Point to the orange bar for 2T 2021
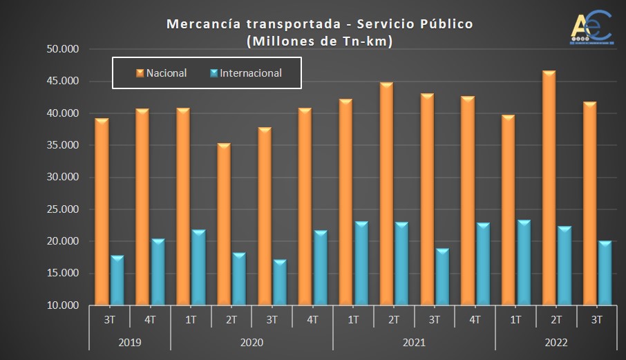pos(386,194)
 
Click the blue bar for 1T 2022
pos(524,263)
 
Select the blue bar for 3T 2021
pos(442,277)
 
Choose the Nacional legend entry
pos(162,73)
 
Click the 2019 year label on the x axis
pos(130,342)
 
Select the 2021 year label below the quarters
pos(413,342)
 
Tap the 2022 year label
pos(556,342)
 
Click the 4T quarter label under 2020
pos(312,319)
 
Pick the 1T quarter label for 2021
pos(352,319)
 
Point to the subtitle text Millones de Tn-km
pos(319,41)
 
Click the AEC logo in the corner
pos(591,27)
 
